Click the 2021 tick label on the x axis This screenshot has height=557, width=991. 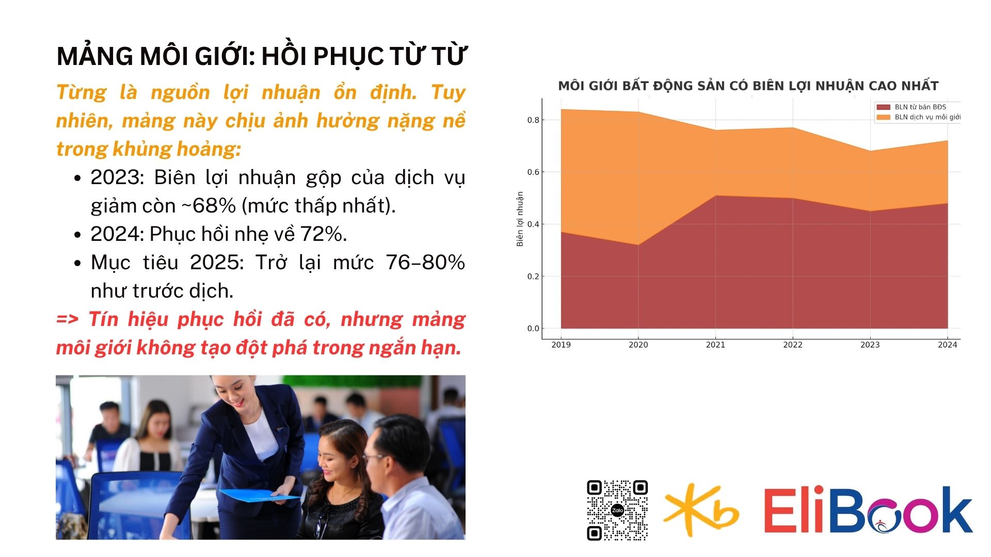[715, 345]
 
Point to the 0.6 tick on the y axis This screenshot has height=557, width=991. [533, 172]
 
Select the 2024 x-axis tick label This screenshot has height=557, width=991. [948, 345]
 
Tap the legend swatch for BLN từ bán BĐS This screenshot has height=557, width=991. [883, 107]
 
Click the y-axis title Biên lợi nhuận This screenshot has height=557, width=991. [520, 219]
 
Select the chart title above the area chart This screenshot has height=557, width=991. [748, 86]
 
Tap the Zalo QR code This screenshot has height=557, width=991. [617, 510]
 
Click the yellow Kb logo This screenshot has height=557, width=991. [700, 510]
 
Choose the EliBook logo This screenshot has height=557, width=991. [868, 510]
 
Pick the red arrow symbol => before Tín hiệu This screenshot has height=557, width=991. [68, 319]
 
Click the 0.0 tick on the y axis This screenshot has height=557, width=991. [533, 329]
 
